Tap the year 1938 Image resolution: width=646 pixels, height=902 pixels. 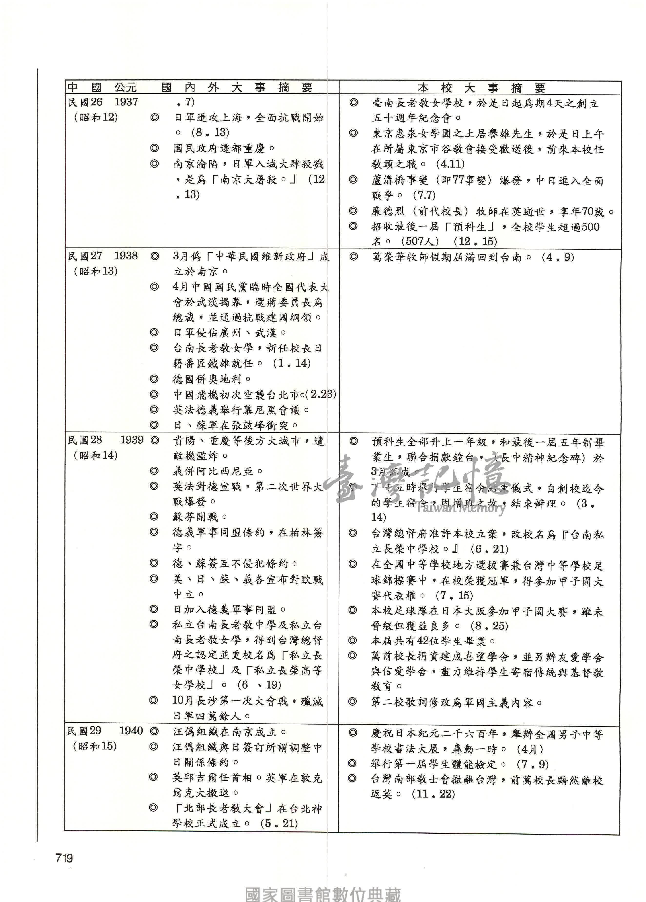tap(126, 256)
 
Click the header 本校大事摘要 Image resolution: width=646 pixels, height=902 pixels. tap(481, 88)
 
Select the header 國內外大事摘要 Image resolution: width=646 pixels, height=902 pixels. tap(237, 88)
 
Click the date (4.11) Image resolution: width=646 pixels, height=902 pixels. tap(450, 164)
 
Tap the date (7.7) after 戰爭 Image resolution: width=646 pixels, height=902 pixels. tap(424, 195)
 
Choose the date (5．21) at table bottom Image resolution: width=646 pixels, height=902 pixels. tap(279, 823)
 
